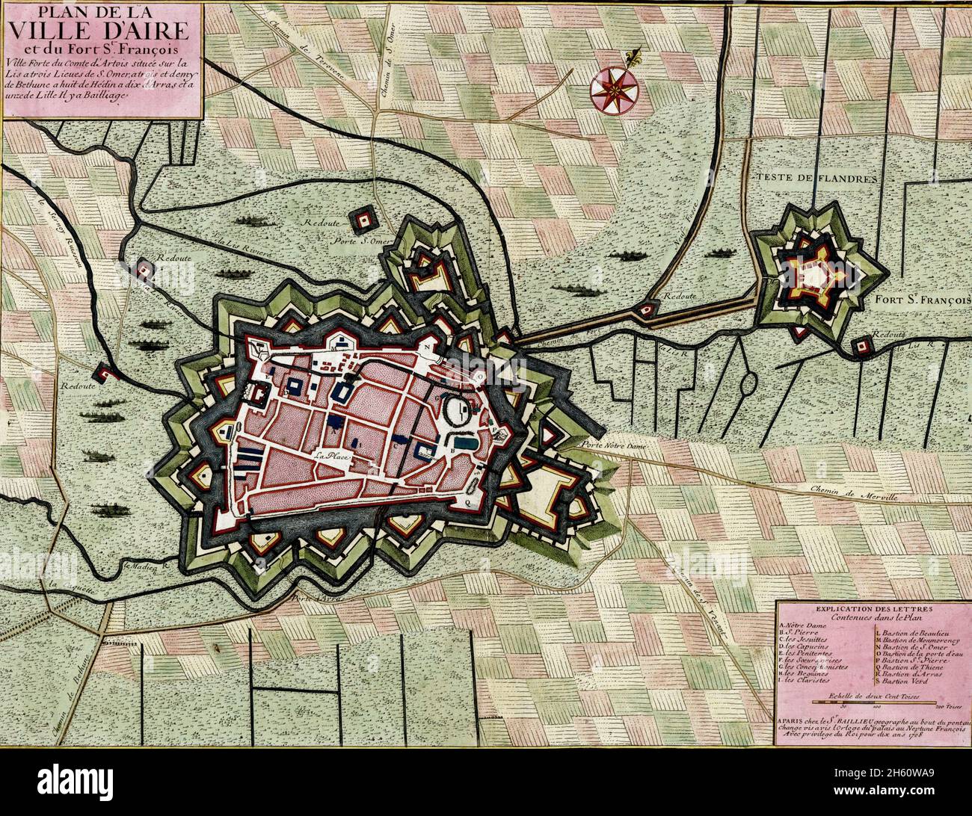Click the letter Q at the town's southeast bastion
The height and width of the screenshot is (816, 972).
pos(467,502)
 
